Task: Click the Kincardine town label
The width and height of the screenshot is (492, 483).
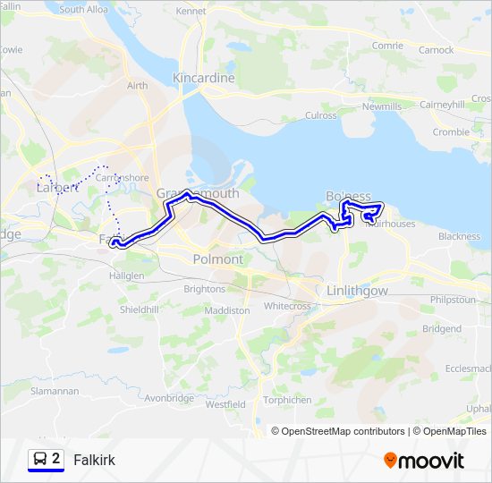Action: pos(204,78)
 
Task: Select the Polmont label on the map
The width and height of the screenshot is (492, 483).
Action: pos(217,259)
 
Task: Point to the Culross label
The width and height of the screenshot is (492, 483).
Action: pos(320,115)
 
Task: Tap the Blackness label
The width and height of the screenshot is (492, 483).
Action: pos(459,236)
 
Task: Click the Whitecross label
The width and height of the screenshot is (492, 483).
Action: pos(287,306)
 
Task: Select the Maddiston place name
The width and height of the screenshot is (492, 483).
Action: pos(227,309)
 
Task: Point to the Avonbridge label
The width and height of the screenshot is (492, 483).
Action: pos(168,398)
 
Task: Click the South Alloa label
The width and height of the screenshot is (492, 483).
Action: pos(83,10)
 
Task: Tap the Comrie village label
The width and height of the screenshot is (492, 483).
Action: pos(387,46)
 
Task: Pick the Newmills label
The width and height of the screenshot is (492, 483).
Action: pos(382,106)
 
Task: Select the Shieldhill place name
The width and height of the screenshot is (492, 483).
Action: pos(140,309)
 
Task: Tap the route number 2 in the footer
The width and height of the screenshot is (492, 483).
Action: pos(56,459)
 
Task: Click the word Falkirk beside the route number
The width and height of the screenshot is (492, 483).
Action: pos(94,460)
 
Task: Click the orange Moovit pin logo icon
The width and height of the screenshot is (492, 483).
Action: pos(390,460)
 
